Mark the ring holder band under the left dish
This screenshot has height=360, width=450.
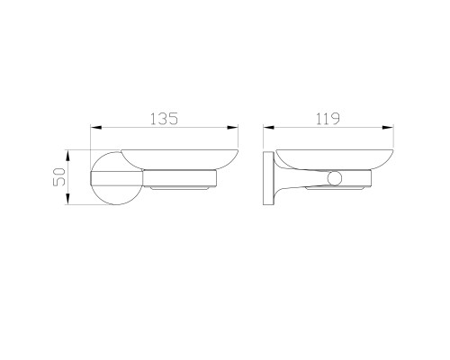point(184,176)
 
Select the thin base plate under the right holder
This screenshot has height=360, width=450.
point(337,190)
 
